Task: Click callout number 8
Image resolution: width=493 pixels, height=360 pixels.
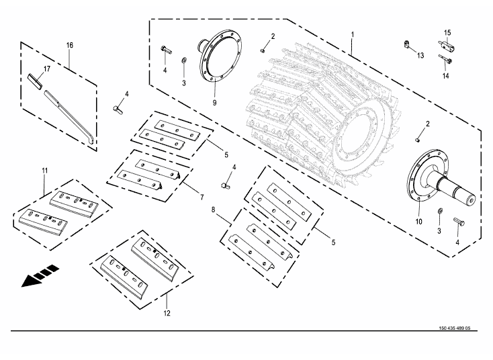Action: click(x=214, y=210)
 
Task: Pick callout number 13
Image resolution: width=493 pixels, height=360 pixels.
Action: click(x=420, y=55)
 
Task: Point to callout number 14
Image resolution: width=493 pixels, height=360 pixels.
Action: click(x=444, y=77)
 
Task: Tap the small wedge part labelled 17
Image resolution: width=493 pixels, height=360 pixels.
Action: click(x=35, y=81)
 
